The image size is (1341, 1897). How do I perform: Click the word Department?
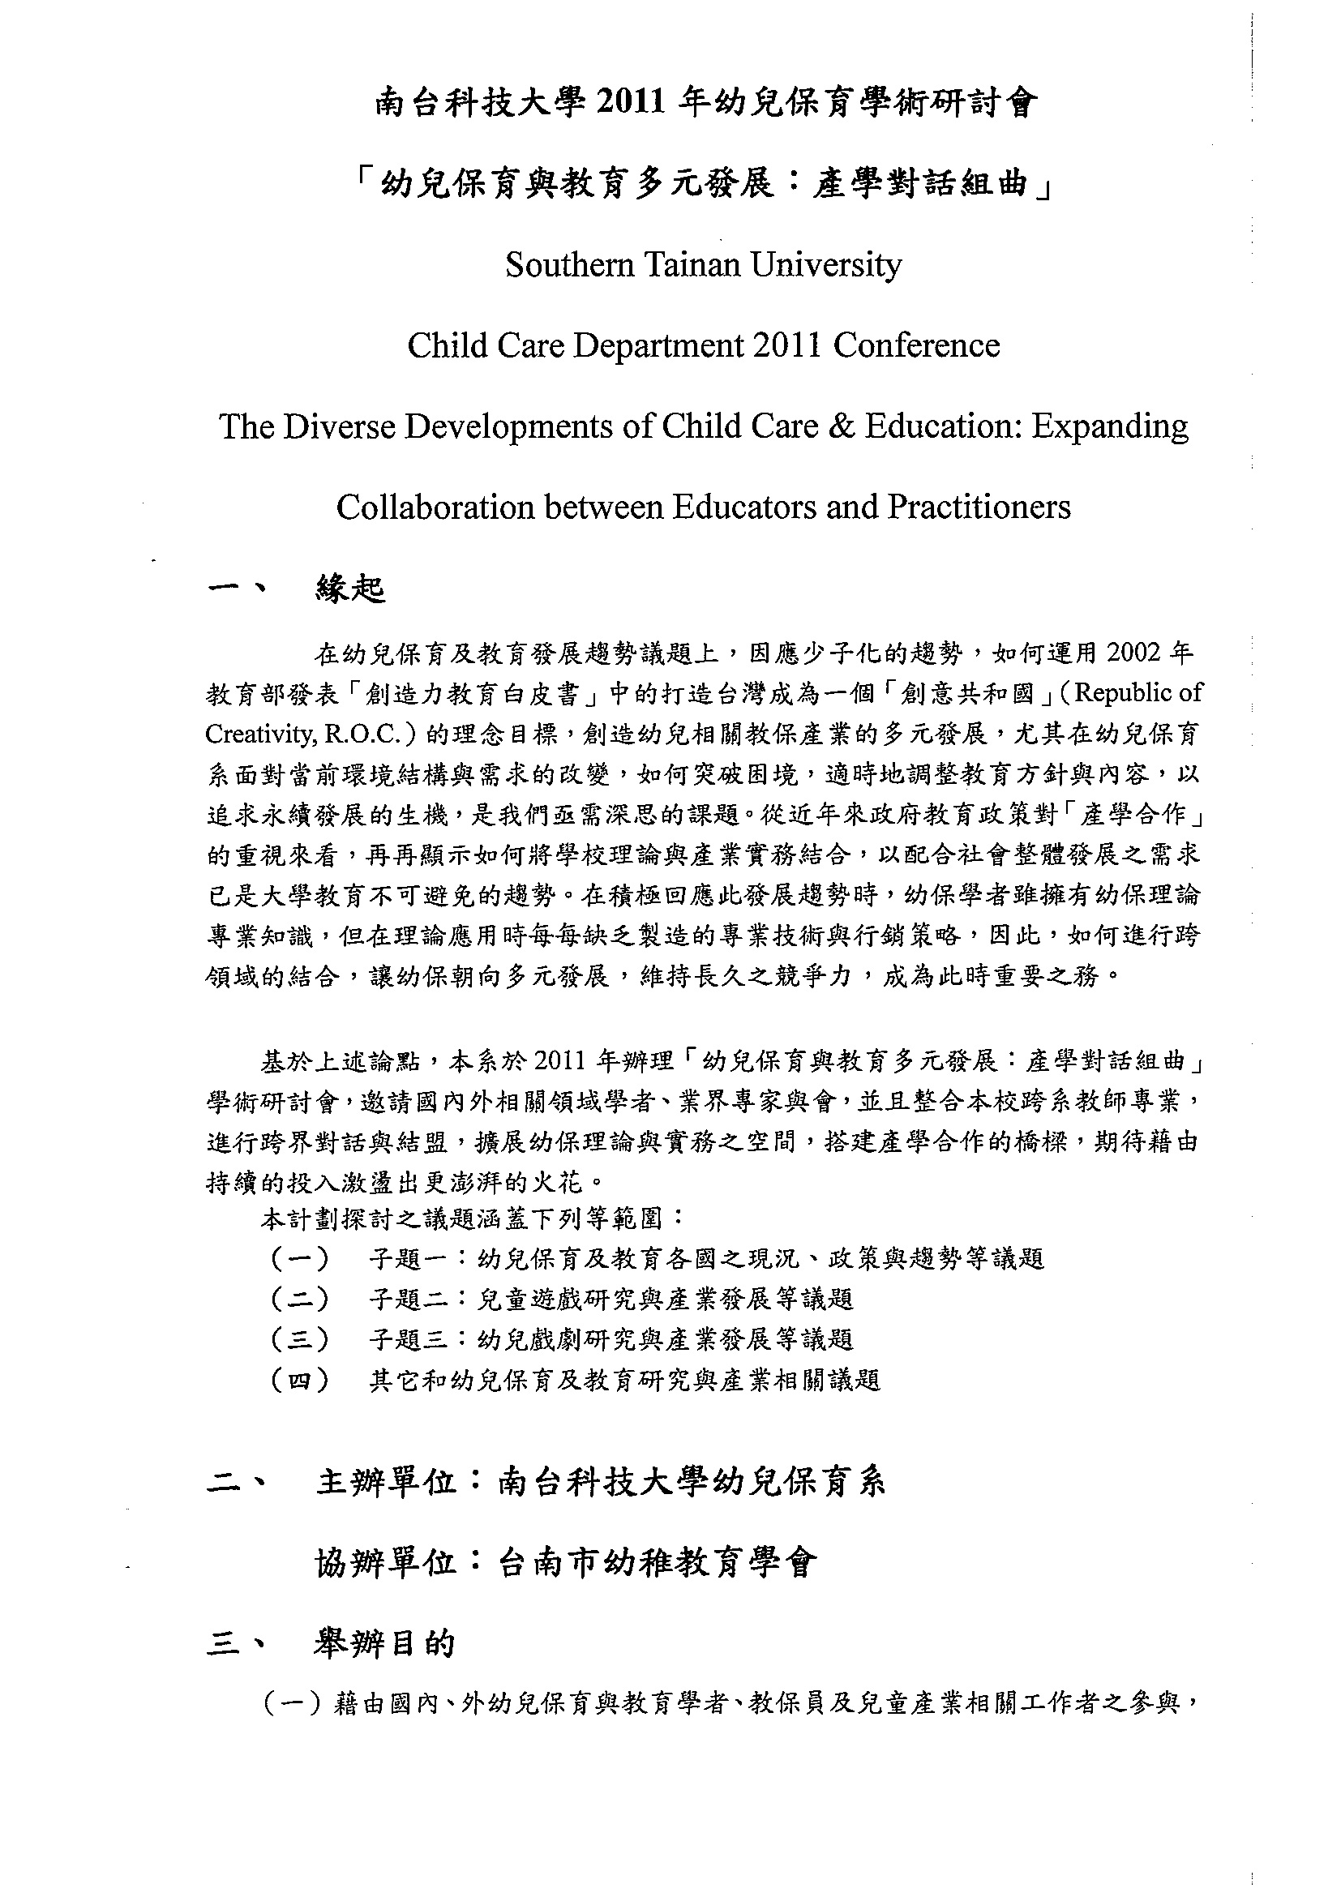point(657,346)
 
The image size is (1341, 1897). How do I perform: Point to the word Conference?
point(916,346)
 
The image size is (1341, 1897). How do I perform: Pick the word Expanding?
point(1110,427)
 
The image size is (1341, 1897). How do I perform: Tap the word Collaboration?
point(435,507)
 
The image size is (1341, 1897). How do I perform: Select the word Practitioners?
point(979,507)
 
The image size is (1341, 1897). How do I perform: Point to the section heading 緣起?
point(350,589)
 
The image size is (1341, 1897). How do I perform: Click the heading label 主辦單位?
point(386,1483)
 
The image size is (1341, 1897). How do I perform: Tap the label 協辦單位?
point(386,1562)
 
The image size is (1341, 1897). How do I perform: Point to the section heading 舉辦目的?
point(384,1643)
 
